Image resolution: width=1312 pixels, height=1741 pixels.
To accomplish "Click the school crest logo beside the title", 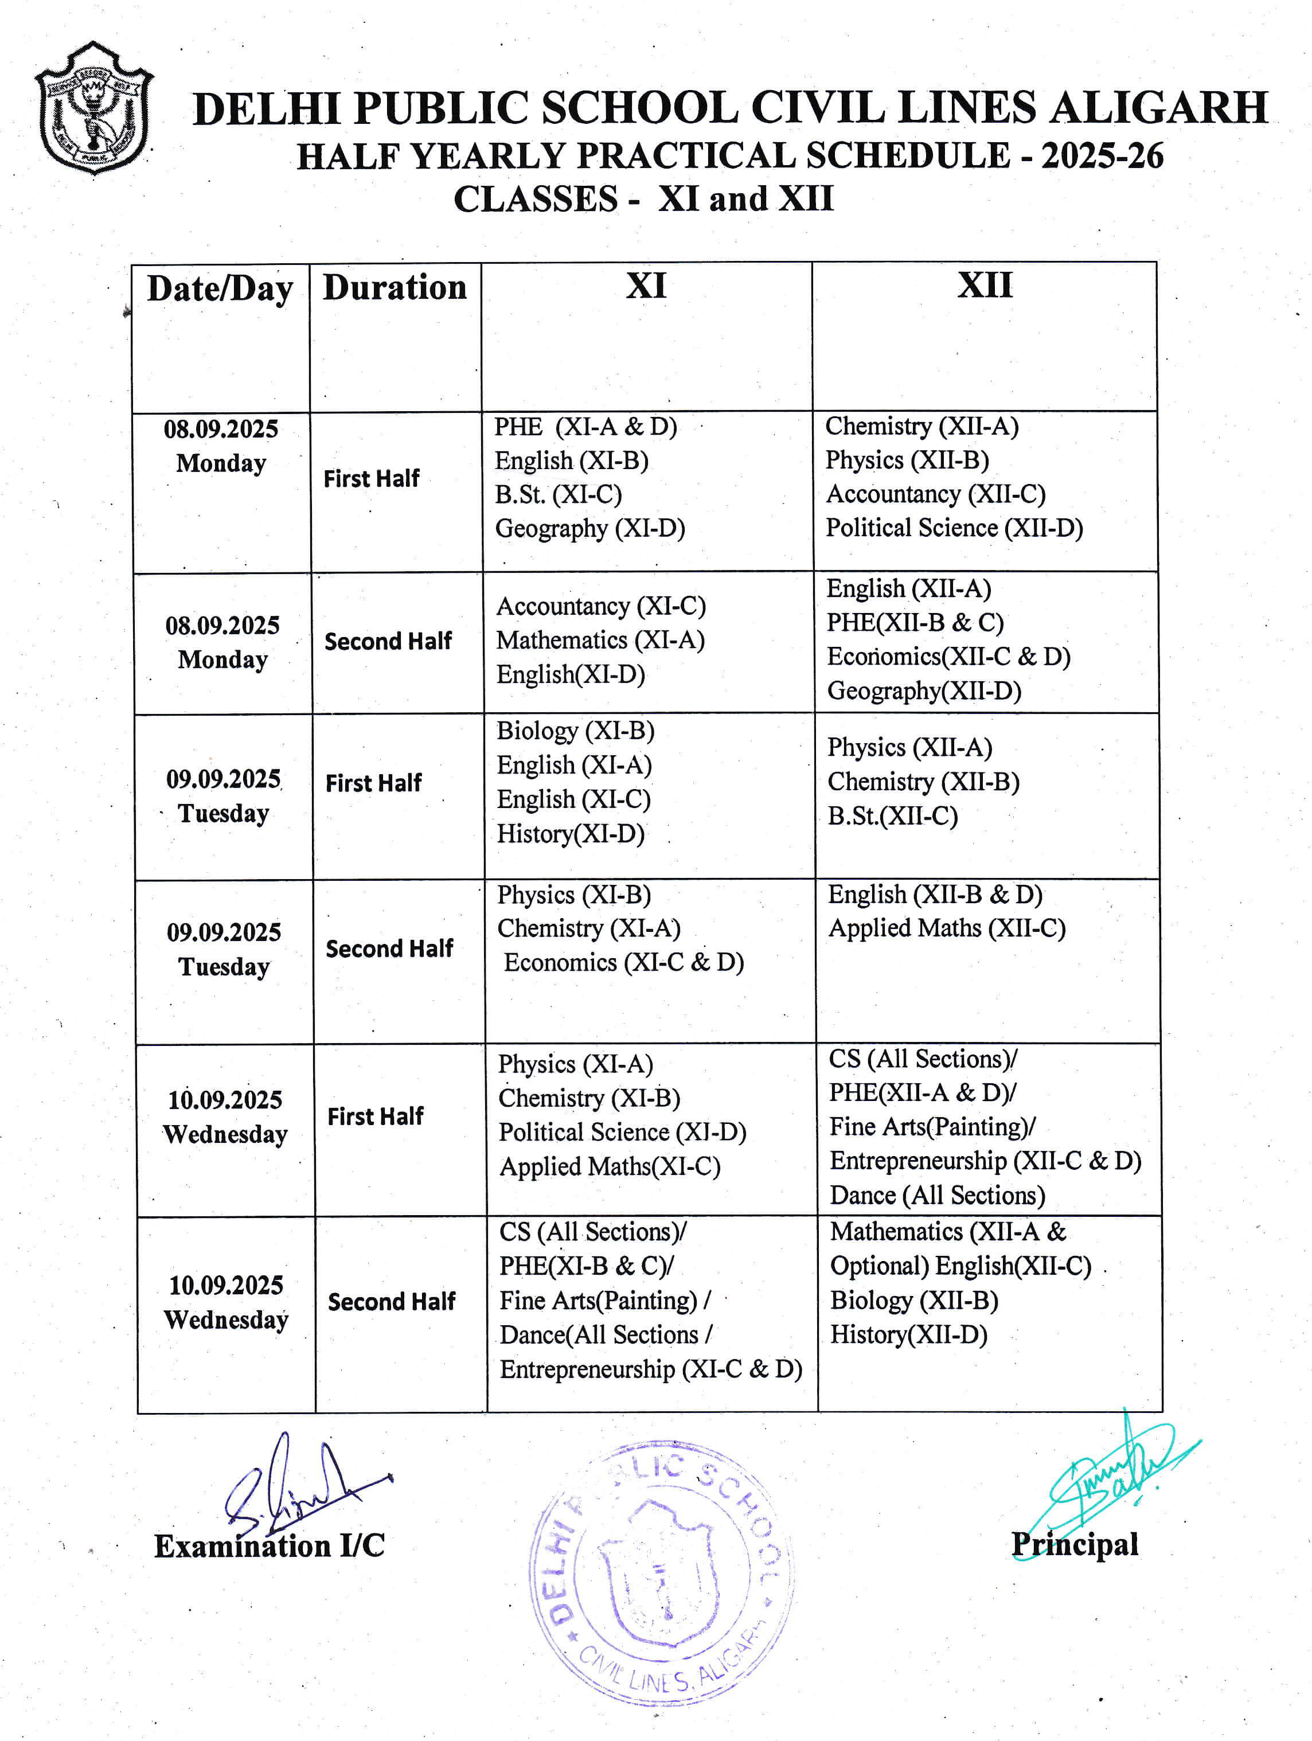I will [93, 108].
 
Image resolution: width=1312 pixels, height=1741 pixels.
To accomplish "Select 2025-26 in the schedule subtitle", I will [1102, 156].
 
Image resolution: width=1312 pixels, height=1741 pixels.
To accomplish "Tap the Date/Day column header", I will [220, 289].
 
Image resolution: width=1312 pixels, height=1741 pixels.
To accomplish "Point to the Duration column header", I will [395, 287].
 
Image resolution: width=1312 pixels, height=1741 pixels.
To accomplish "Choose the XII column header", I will [985, 285].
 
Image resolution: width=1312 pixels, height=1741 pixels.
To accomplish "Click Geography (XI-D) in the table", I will [589, 528].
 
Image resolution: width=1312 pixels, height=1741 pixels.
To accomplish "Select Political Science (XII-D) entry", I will [954, 528].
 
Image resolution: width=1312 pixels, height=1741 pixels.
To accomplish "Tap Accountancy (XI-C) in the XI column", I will [600, 606].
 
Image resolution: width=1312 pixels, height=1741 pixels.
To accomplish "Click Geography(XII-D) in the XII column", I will [924, 690].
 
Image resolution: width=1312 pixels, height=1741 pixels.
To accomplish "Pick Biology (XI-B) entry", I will [575, 731].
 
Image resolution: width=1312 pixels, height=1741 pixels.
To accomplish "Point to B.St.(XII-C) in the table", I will [892, 815].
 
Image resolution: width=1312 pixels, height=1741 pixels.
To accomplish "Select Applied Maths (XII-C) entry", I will [947, 928].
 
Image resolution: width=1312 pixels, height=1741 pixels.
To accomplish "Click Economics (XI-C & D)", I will [623, 962].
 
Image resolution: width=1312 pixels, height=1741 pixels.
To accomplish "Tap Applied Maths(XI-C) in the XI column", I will [610, 1166].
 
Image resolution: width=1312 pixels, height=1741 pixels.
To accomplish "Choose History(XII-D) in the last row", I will [908, 1334].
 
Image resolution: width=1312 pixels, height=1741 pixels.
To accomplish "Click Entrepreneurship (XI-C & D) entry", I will [651, 1369].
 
